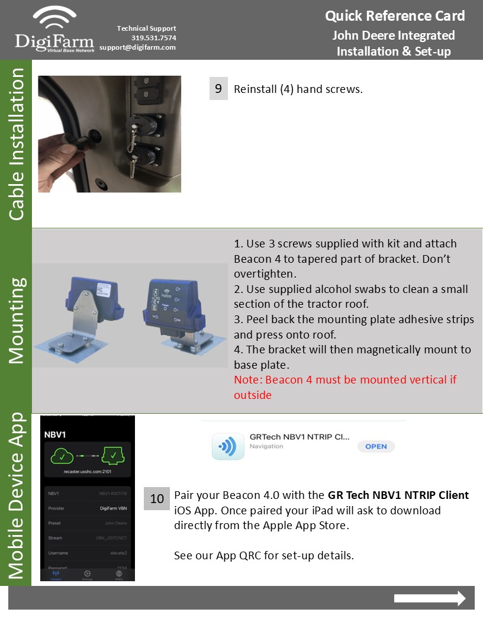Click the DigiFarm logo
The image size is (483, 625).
point(54,30)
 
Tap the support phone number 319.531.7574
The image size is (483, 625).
point(153,38)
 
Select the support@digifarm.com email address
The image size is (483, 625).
point(137,47)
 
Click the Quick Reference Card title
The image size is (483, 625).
point(395,16)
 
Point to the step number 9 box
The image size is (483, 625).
point(218,89)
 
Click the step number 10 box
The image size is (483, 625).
point(157,499)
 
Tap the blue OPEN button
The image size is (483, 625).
point(376,446)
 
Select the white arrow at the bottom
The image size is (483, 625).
point(430,598)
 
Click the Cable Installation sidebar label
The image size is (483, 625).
point(17,144)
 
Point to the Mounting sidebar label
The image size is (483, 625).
point(17,320)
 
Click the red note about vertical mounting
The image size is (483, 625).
point(345,387)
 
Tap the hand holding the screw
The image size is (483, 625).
point(58,153)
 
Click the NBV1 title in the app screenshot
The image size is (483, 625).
point(54,434)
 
